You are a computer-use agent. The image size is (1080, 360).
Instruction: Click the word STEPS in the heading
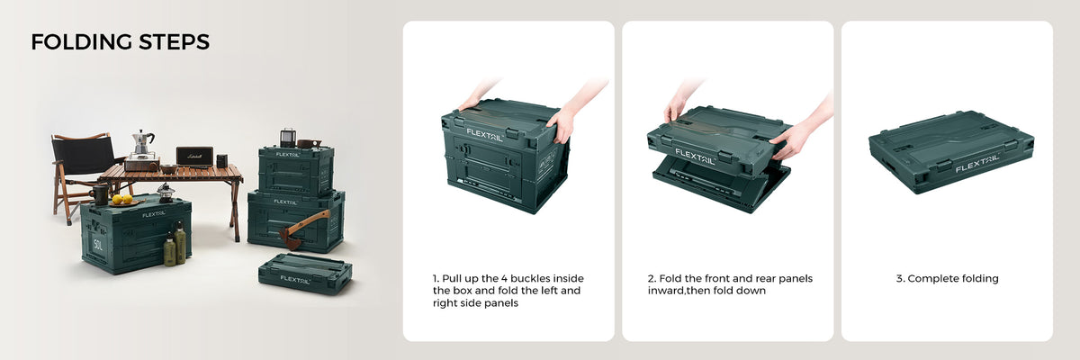coord(174,42)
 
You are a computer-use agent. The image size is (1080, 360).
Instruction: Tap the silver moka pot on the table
coord(142,143)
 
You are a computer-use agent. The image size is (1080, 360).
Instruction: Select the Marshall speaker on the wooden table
coord(194,157)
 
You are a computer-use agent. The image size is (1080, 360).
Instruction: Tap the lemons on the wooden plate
coord(122,199)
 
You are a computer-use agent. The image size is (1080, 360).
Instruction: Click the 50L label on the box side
coord(98,244)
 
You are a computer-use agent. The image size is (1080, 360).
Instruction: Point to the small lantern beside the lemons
coord(165,193)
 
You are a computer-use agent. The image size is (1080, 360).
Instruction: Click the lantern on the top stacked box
coord(287,138)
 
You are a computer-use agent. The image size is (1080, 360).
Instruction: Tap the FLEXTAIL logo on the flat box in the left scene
coord(294,280)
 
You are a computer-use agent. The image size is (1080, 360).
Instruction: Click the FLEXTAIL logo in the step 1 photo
coord(484,135)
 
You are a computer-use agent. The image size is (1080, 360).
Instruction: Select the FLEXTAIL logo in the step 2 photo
coord(694,156)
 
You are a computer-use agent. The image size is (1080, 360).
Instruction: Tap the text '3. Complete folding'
coord(947,279)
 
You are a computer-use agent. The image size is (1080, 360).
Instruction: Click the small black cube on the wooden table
coord(221,161)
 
